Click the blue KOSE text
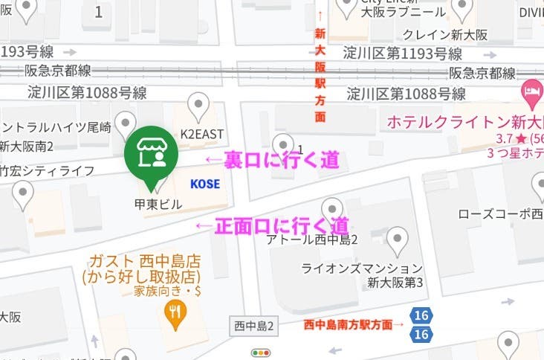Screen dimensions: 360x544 204,183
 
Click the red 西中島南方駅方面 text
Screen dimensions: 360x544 354,324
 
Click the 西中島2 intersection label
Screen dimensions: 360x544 254,326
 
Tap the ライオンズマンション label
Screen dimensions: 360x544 361,268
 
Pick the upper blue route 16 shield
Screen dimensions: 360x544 421,316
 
